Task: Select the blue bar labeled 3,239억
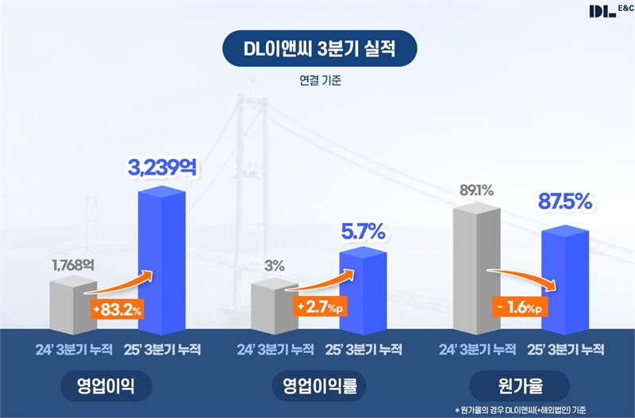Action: coord(162,262)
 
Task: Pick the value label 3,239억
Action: coord(163,167)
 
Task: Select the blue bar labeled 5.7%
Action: coord(363,290)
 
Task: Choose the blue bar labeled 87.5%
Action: coord(564,278)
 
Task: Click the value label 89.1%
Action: coord(475,190)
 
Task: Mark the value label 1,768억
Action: coord(72,265)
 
